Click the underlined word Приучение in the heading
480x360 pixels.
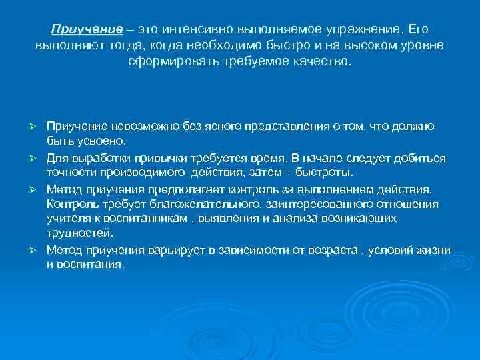[86, 31]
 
